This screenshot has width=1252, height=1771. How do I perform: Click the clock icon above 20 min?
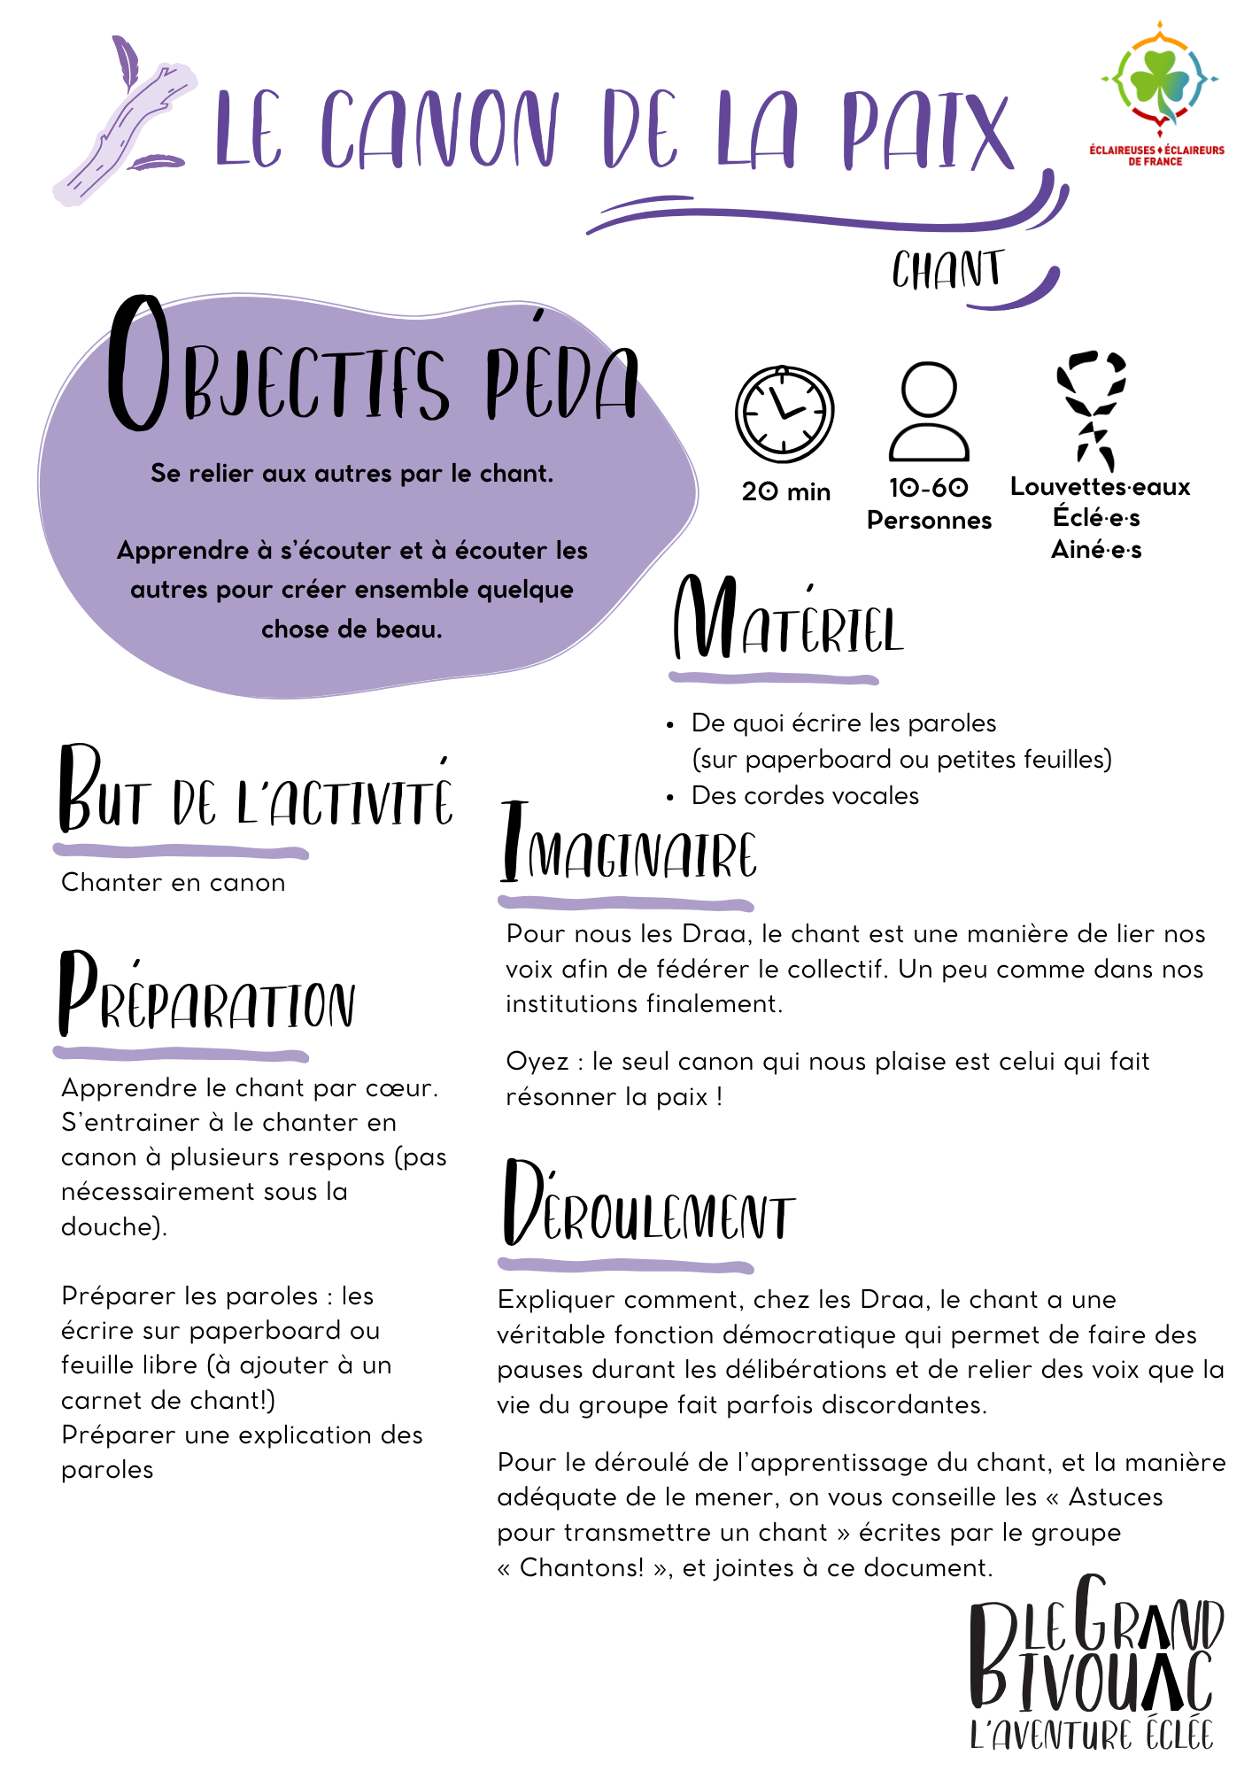point(784,414)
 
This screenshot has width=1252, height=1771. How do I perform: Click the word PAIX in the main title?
point(926,131)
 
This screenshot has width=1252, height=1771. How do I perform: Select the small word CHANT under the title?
point(947,270)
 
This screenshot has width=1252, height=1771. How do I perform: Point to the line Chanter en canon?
point(174,883)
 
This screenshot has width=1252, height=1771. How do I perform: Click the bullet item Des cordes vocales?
point(805,796)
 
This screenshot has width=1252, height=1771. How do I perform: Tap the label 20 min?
point(786,491)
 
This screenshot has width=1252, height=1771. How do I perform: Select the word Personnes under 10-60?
point(929,521)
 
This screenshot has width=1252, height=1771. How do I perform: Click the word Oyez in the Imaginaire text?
point(537,1062)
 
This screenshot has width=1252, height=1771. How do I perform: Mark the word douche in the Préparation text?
point(110,1226)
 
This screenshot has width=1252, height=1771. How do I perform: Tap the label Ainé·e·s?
point(1096,550)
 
